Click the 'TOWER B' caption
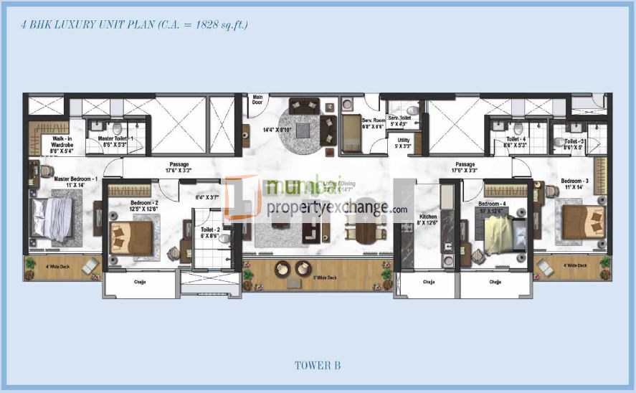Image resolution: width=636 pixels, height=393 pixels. coord(317,366)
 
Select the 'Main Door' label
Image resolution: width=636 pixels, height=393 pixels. coord(257,100)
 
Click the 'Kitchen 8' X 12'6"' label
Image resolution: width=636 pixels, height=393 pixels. coord(428,219)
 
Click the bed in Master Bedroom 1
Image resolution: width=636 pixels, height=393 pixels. coord(53,218)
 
